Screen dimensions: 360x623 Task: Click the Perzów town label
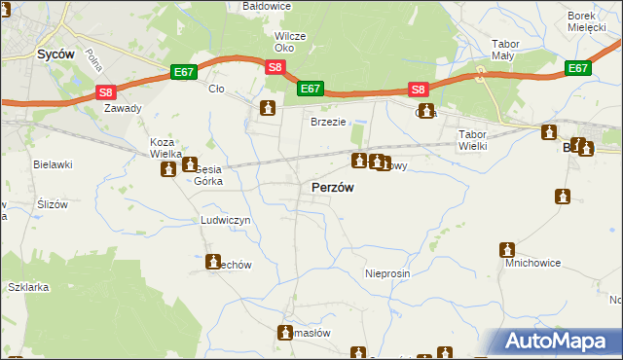pos(332,188)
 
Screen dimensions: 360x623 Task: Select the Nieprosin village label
pos(387,274)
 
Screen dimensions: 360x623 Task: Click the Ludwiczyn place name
pos(226,221)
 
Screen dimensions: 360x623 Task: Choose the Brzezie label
pos(328,122)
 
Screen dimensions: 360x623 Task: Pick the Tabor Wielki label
pos(472,140)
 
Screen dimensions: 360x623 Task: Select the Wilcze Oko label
pos(290,42)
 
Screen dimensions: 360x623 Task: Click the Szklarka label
pos(28,287)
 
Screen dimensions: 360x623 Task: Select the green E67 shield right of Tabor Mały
pos(578,68)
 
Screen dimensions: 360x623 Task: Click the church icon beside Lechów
pos(213,262)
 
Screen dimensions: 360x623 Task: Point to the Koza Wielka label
pos(162,148)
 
